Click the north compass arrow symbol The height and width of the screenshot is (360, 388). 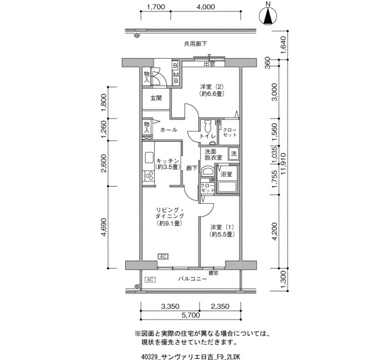[x=268, y=16]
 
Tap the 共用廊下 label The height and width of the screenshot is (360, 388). [x=196, y=44]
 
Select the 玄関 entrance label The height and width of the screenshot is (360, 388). [x=156, y=98]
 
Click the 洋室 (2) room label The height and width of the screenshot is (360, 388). [x=212, y=90]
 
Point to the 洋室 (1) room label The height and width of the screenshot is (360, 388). [x=222, y=230]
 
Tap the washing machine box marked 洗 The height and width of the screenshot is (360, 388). [x=233, y=154]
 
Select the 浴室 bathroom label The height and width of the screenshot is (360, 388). [x=226, y=174]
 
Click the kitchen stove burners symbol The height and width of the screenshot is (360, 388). [x=149, y=176]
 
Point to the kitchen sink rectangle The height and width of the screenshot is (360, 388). [x=149, y=157]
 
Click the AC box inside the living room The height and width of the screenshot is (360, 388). [x=163, y=256]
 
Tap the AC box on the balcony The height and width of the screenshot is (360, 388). [x=150, y=280]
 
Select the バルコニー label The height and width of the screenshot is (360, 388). [x=193, y=279]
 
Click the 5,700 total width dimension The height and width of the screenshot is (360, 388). [x=191, y=315]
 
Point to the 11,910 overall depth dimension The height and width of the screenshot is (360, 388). [x=284, y=163]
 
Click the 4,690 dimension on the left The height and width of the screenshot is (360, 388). [x=104, y=227]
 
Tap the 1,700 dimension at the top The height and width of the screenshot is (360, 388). [x=156, y=7]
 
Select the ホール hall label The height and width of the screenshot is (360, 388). [x=169, y=130]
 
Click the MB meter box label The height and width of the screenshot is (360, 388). [x=176, y=78]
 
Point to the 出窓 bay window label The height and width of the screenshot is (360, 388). [x=209, y=64]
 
